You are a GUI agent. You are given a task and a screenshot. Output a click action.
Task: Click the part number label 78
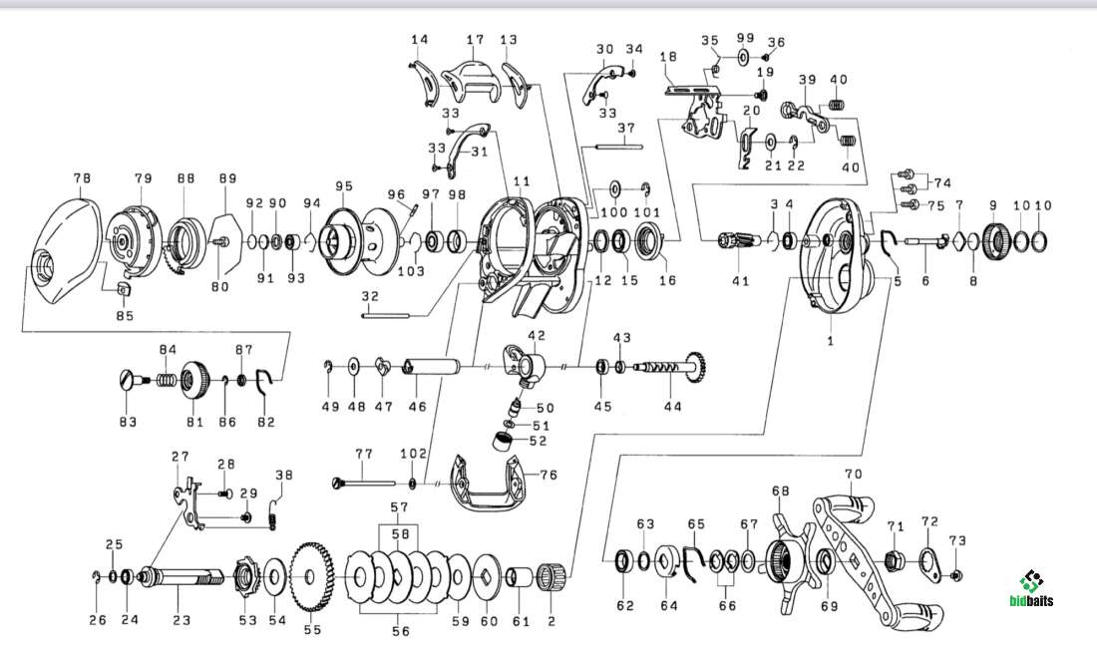pyautogui.click(x=82, y=177)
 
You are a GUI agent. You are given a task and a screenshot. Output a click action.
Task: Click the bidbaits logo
pyautogui.click(x=1031, y=589)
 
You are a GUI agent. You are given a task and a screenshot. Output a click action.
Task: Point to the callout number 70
pyautogui.click(x=852, y=474)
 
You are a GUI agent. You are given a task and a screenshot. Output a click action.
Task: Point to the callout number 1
pyautogui.click(x=830, y=340)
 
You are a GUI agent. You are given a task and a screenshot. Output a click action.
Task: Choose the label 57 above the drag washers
pyautogui.click(x=399, y=507)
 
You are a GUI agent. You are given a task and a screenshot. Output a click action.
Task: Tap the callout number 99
pyautogui.click(x=744, y=38)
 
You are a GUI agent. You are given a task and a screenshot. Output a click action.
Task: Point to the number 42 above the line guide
pyautogui.click(x=537, y=335)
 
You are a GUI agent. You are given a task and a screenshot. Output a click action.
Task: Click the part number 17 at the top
pyautogui.click(x=475, y=39)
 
